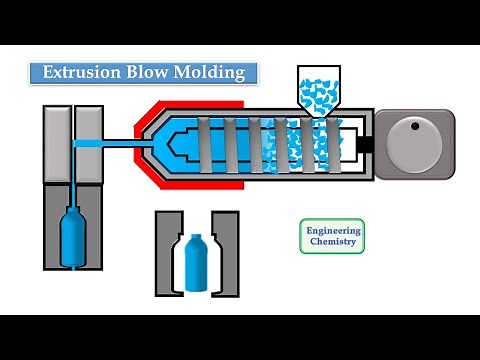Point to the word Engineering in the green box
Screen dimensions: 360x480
tap(333, 230)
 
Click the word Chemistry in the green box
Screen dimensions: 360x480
tap(333, 243)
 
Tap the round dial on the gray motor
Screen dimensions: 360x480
tap(415, 142)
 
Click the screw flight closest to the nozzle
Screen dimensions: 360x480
tap(205, 144)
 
